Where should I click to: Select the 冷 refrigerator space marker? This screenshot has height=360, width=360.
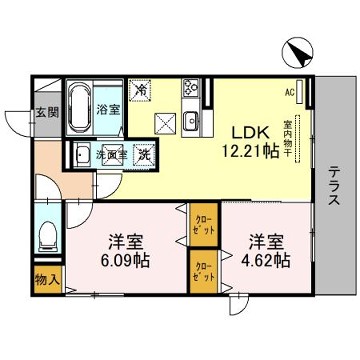pos(142,88)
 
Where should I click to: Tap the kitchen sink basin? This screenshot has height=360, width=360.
pos(190,121)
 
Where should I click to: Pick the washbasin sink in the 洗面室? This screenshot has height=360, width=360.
pos(79,154)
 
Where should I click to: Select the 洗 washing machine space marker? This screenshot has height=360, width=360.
pos(145,155)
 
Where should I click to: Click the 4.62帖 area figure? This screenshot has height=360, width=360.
pos(264,261)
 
